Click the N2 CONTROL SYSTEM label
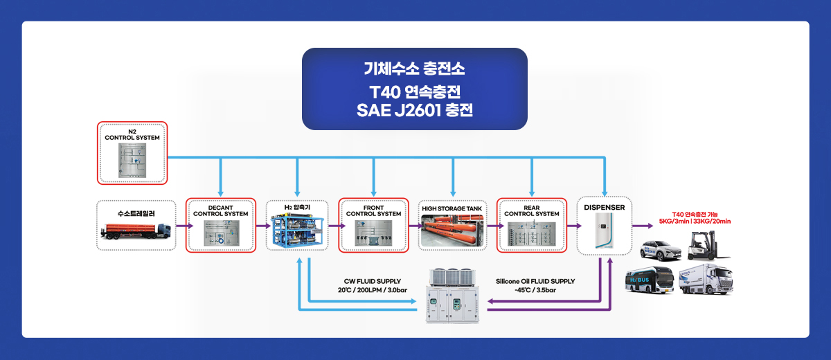click(x=132, y=134)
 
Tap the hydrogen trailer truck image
click(x=136, y=231)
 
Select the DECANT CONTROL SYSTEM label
click(x=221, y=211)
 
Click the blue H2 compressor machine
click(x=297, y=230)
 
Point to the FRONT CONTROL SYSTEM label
click(x=373, y=211)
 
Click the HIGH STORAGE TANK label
click(x=452, y=209)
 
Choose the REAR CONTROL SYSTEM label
click(x=532, y=211)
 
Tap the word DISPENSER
click(x=605, y=208)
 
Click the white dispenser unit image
click(x=605, y=231)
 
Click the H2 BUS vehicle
click(x=650, y=280)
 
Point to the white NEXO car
click(x=661, y=251)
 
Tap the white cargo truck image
click(x=706, y=280)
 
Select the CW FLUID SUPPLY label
click(x=373, y=281)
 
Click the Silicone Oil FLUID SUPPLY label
click(x=535, y=281)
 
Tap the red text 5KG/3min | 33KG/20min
click(x=695, y=222)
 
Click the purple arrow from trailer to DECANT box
click(x=185, y=226)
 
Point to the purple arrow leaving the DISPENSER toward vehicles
click(x=643, y=226)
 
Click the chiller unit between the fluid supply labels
click(x=452, y=296)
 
